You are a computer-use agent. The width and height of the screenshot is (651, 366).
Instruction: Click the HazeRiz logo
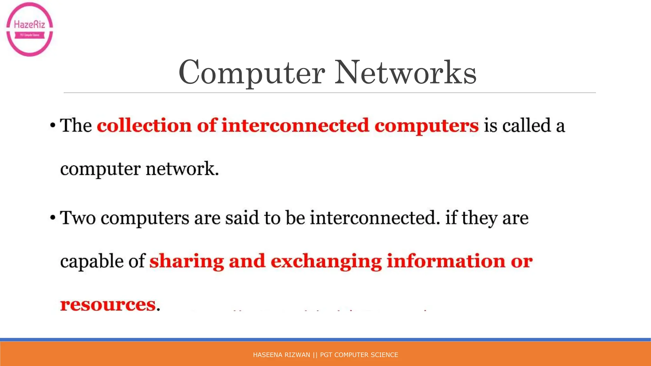coord(30,29)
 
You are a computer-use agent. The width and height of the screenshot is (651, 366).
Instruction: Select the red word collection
coord(144,125)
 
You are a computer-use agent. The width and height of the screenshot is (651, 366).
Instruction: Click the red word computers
coord(426,126)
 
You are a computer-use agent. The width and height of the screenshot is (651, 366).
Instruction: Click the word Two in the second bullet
coord(78,218)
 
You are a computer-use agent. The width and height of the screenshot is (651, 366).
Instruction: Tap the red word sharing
coord(187,261)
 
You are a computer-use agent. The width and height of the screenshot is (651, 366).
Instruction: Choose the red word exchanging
coord(326,261)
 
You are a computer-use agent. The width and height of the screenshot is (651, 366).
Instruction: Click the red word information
coord(446,261)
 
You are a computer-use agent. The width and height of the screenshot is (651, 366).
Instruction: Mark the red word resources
coord(108,304)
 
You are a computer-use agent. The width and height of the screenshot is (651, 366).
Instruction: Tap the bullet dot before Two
coord(53,218)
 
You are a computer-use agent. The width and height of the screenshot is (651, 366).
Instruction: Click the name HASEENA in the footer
coord(265,355)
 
